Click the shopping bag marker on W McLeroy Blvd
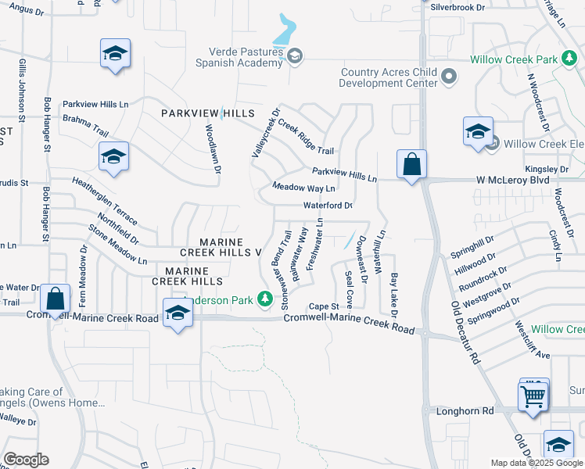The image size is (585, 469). click(x=411, y=165)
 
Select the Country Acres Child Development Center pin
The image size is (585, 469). click(x=448, y=76)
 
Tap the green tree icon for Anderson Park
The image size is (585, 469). click(x=265, y=298)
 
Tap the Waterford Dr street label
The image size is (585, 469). click(x=328, y=206)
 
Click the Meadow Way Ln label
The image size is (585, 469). click(x=303, y=188)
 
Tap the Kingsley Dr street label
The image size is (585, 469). click(x=547, y=169)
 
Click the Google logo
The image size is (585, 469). click(x=27, y=460)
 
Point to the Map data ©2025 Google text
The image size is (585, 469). click(x=537, y=463)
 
